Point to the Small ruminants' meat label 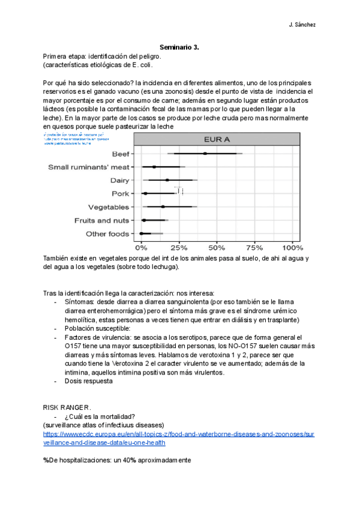tap(89, 167)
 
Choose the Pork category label tap(120, 193)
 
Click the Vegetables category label tap(109, 207)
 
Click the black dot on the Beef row tap(205, 154)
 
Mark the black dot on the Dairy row tap(167, 180)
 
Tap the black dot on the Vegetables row tap(163, 207)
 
